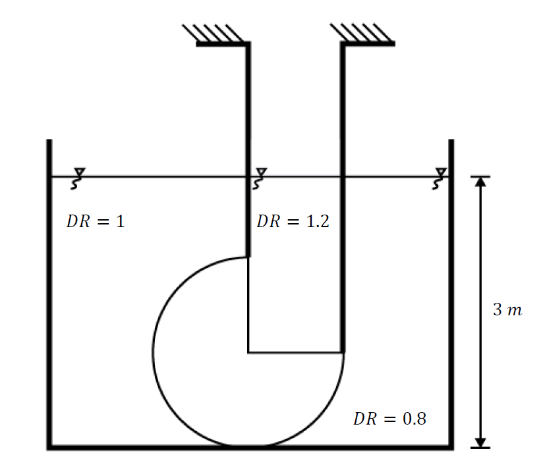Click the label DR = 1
tap(95, 222)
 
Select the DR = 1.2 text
tap(293, 222)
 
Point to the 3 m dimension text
tap(507, 309)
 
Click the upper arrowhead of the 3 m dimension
tap(480, 182)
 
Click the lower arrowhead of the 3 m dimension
tap(480, 442)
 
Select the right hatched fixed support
tap(360, 33)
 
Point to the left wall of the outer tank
tap(49, 296)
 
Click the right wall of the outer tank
tap(451, 296)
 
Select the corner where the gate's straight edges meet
tap(248, 352)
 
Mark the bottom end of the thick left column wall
tap(248, 255)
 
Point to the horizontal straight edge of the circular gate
tap(295, 352)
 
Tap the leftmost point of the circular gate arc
tap(153, 352)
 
